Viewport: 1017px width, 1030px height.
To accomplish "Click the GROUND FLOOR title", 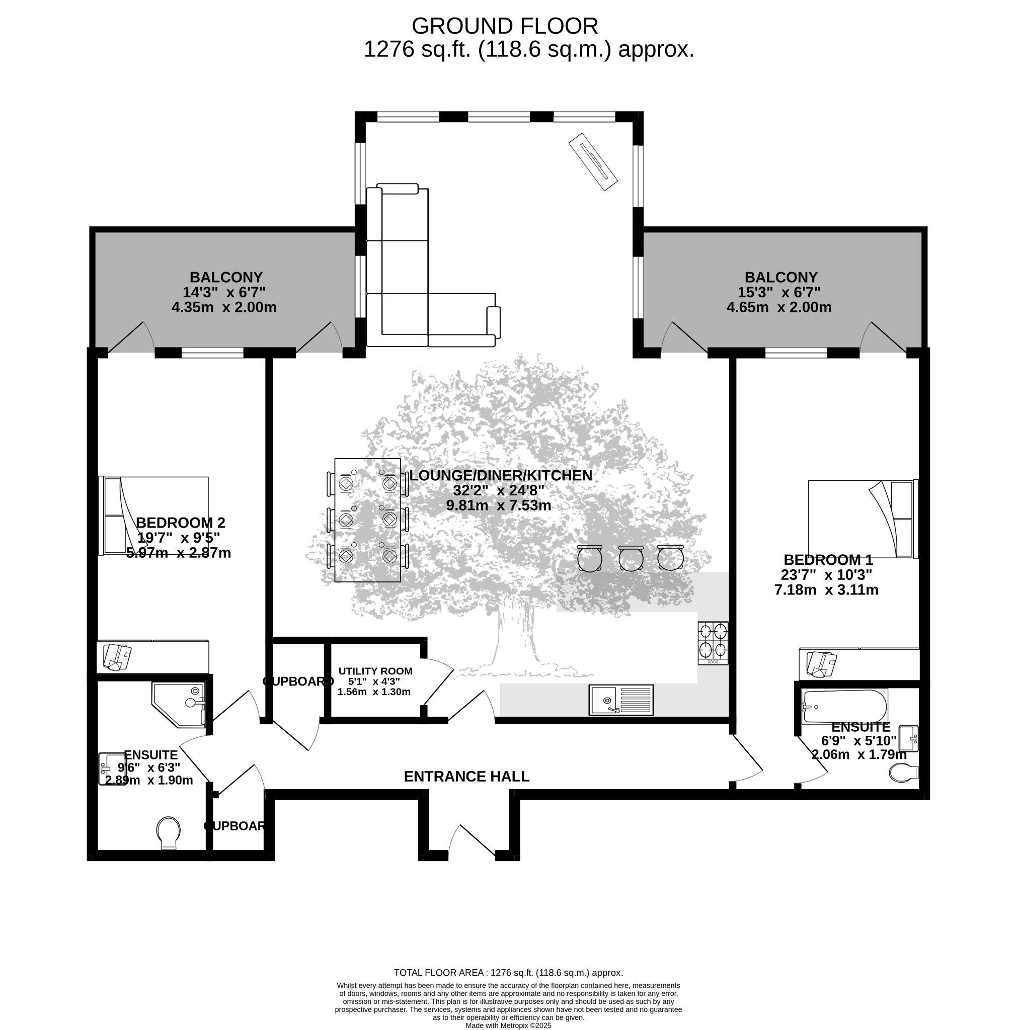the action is click(505, 26).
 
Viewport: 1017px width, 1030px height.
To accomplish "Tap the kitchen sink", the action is click(621, 700).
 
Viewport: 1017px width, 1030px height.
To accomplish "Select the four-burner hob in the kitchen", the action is click(713, 643).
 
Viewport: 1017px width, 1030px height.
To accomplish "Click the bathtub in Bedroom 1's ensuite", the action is click(845, 707).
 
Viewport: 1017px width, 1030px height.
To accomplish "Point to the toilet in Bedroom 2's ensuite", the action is click(168, 833).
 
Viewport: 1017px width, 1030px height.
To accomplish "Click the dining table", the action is click(367, 520).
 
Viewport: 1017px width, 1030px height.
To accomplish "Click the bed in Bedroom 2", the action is click(153, 516).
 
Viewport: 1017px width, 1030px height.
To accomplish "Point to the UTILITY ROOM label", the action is click(375, 671).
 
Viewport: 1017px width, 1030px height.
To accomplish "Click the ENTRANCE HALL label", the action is click(466, 776).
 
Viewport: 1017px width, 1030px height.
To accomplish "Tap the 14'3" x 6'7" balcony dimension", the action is click(224, 292).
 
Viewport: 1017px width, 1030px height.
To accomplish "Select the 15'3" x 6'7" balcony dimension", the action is click(778, 292).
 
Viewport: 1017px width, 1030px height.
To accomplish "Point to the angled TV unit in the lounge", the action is click(593, 161).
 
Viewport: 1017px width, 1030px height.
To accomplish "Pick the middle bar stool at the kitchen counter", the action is click(631, 558).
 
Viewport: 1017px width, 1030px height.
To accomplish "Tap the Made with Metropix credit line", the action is click(508, 1025).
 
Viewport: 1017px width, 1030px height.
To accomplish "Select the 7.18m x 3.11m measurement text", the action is click(826, 590).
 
